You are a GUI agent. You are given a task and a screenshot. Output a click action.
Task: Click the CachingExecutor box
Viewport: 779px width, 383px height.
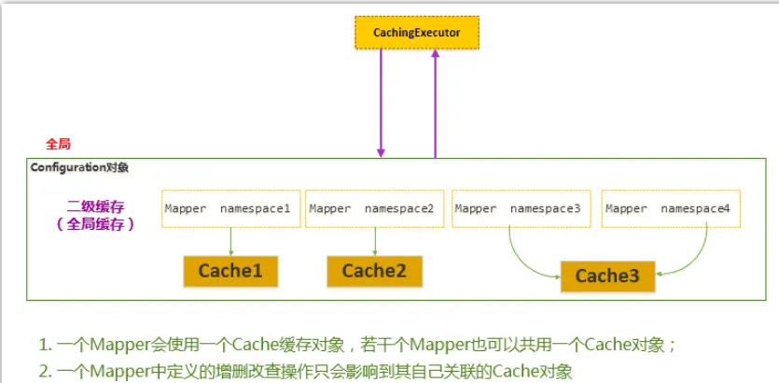(x=417, y=33)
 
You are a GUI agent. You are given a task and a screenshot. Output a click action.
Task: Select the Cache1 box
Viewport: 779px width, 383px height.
(x=230, y=272)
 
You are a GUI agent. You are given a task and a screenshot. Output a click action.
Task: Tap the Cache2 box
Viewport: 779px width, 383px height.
(x=374, y=272)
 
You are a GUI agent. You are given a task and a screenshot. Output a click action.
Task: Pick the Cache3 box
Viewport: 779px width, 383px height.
(x=607, y=277)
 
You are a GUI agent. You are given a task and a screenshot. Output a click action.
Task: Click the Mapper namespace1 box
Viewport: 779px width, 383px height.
(x=231, y=208)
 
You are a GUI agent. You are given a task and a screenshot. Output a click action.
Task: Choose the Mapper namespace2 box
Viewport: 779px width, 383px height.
(x=375, y=208)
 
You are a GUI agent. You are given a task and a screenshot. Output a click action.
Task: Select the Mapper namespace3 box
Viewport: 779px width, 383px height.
(x=522, y=208)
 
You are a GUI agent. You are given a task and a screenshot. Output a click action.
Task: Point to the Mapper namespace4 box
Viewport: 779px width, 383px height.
(x=671, y=208)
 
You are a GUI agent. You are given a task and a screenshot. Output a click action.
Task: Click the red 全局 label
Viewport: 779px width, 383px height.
(x=58, y=144)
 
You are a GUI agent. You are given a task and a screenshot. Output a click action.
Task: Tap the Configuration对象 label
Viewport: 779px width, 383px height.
(x=79, y=167)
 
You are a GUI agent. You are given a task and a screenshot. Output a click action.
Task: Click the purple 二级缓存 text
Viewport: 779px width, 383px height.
(x=94, y=206)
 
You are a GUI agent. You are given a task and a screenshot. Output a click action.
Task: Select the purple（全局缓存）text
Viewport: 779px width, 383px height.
(x=94, y=224)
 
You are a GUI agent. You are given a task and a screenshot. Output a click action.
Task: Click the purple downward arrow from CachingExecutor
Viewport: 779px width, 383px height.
(x=381, y=104)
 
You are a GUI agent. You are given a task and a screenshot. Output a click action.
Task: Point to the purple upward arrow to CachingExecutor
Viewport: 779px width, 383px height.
(x=435, y=104)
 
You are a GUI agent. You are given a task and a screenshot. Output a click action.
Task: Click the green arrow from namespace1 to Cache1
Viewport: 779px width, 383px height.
(x=231, y=242)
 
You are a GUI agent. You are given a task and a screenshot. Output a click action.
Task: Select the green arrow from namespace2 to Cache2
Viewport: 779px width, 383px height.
(x=375, y=242)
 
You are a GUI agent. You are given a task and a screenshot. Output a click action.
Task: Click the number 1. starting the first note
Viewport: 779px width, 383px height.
(x=46, y=345)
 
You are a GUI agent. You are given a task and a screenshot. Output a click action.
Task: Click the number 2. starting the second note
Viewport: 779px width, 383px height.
(x=46, y=372)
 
